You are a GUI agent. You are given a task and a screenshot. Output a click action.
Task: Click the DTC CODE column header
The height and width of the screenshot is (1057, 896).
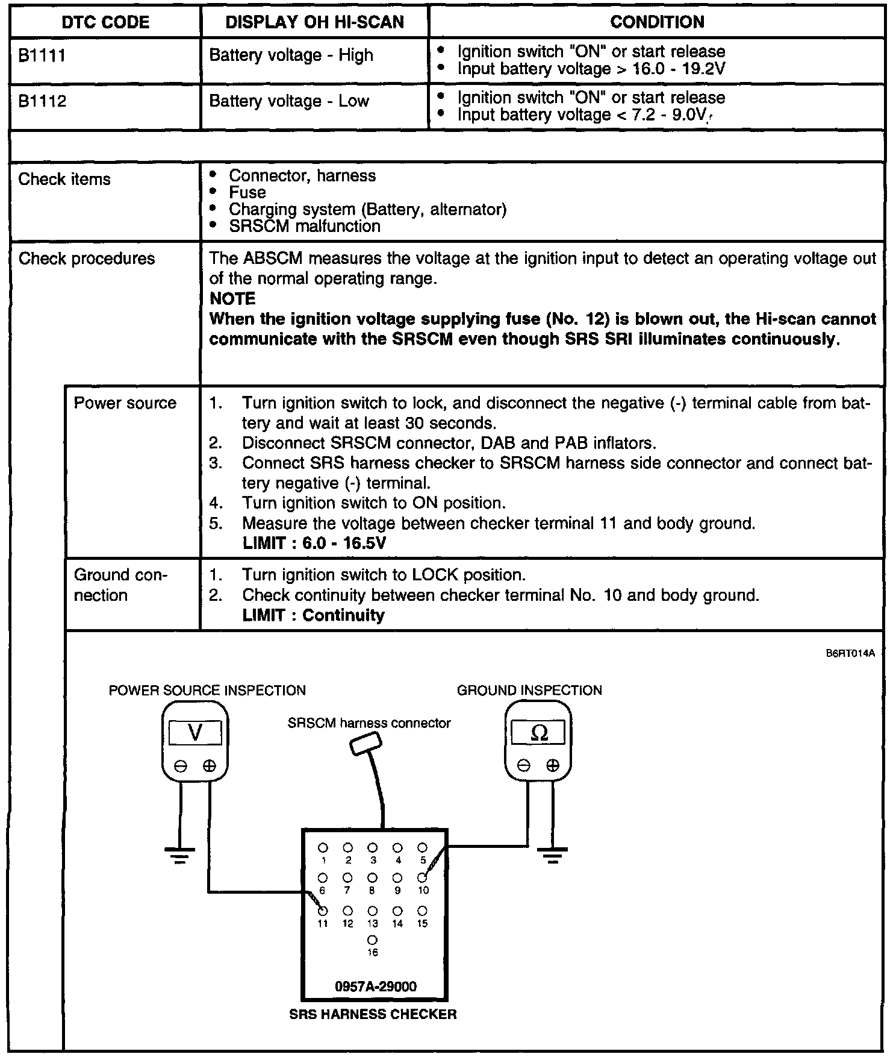105,22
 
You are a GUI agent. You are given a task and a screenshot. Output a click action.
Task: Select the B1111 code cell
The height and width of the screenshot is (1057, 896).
42,55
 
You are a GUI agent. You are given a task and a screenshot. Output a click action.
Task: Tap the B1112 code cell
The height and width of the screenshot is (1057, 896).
42,101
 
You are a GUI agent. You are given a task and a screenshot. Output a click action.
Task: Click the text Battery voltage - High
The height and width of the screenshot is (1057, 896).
291,55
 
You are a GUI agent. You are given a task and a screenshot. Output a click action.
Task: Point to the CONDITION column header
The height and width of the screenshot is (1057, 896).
657,22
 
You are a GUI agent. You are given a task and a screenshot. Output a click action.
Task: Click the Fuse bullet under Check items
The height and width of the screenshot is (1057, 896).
247,192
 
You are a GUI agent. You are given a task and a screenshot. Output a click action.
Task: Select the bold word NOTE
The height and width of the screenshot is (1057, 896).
232,298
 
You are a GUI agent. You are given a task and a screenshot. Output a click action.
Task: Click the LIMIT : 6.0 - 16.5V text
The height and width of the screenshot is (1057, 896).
314,543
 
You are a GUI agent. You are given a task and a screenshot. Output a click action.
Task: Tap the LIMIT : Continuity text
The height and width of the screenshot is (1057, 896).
313,615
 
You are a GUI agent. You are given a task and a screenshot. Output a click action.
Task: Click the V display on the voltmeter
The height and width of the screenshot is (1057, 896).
195,733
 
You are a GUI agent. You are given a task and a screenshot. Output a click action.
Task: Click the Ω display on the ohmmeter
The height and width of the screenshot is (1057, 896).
538,733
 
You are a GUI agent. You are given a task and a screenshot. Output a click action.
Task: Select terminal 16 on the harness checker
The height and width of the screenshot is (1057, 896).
372,939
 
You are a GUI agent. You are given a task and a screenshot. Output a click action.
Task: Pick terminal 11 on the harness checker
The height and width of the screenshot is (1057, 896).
323,911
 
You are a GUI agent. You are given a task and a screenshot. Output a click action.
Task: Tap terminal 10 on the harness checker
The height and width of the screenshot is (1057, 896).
423,877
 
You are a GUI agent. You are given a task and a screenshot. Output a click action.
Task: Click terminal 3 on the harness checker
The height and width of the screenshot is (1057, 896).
373,847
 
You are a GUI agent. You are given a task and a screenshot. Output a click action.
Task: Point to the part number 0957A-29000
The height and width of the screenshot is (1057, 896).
375,986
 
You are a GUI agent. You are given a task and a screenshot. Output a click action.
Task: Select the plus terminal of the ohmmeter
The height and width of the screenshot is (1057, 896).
552,766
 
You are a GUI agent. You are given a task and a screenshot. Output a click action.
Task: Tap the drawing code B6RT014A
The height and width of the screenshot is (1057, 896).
850,653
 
